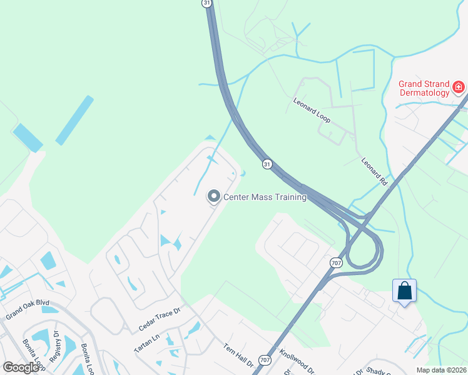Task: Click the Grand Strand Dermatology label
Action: pos(424,88)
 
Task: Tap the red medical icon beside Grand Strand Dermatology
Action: pos(459,86)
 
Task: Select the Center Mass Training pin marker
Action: pos(214,197)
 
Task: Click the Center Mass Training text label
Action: pos(265,197)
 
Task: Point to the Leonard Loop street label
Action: pos(312,109)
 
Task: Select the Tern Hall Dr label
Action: pos(237,354)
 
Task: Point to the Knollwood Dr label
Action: pos(297,361)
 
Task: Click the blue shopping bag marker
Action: pos(404,291)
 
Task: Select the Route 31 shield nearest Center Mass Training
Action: pos(267,164)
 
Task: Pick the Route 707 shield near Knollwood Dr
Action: pos(266,360)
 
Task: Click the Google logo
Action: pos(21,367)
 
